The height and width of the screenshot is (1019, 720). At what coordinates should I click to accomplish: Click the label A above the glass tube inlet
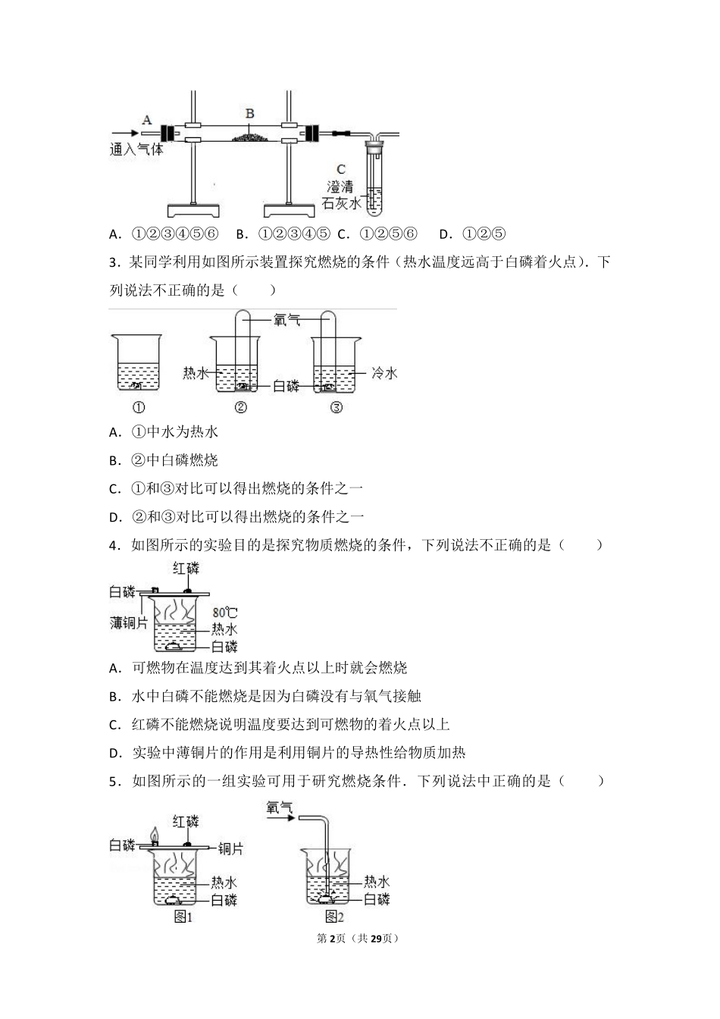click(147, 119)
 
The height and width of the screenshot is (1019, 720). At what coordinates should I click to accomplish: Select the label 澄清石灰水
click(341, 195)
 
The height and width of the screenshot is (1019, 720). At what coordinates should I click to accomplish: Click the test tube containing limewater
click(377, 178)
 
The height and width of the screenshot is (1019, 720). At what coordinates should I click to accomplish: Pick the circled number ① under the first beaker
click(139, 407)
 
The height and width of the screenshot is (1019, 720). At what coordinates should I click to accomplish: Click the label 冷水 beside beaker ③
click(384, 372)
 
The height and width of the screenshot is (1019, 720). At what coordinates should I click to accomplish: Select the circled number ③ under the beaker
click(337, 407)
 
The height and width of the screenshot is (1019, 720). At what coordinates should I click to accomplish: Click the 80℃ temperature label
click(224, 612)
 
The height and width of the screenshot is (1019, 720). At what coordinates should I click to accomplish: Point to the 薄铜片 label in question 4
click(128, 622)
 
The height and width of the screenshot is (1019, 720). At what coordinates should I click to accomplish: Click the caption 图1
click(183, 917)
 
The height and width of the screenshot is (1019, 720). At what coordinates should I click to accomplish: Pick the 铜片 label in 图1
click(230, 848)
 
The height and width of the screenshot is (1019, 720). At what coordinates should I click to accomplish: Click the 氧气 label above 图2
click(280, 809)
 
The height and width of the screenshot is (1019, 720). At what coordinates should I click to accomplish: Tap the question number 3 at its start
click(114, 263)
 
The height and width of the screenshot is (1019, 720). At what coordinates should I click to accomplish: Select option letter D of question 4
click(115, 753)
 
